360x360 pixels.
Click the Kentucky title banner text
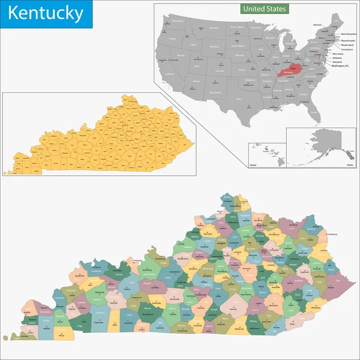coord(46,13)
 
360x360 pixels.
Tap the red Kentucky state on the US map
coord(292,69)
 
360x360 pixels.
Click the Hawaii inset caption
coord(254,163)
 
